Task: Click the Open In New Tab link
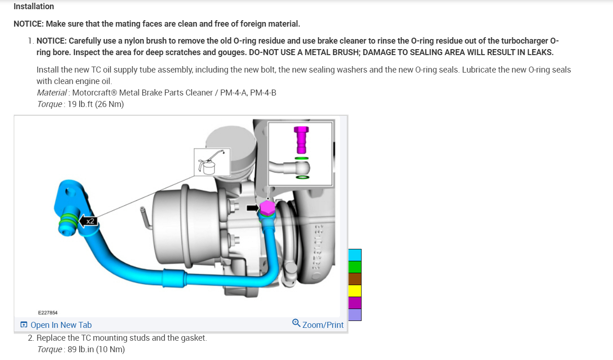coord(56,325)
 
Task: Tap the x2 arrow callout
coord(88,221)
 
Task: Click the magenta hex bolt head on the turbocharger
coord(267,208)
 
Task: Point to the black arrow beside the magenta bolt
coord(253,208)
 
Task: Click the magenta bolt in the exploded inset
coord(301,140)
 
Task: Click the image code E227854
coord(48,313)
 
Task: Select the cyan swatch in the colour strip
coord(355,255)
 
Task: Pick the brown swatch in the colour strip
coord(355,279)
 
